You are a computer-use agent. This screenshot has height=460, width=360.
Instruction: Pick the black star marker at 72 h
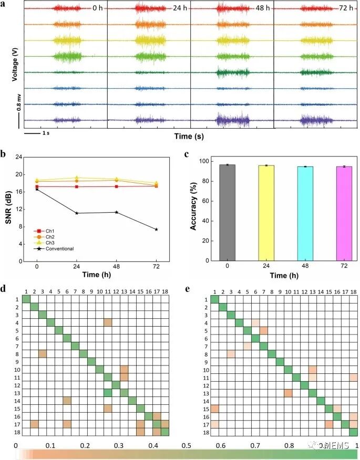click(156, 229)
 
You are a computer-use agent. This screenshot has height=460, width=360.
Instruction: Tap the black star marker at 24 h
click(77, 213)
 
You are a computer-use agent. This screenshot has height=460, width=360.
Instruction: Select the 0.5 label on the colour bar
click(187, 445)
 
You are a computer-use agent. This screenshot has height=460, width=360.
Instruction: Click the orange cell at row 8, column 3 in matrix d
click(43, 354)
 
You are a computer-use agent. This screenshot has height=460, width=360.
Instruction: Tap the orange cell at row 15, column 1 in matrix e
click(215, 408)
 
